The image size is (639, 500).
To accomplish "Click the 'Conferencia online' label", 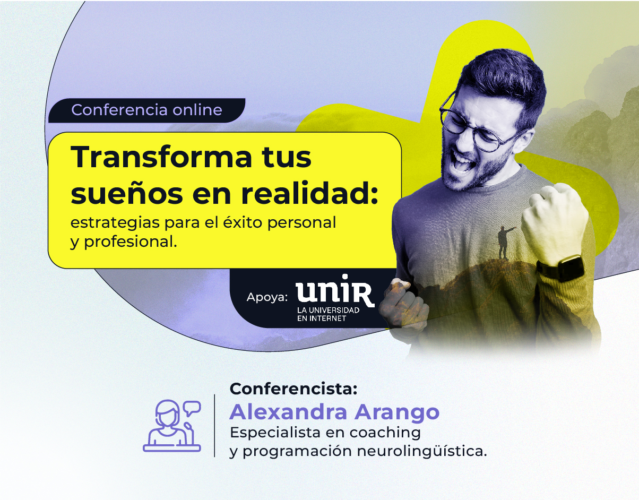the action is [146, 110].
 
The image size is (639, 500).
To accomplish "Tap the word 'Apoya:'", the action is [267, 297].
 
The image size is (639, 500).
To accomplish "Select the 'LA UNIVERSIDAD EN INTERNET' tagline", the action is [328, 314].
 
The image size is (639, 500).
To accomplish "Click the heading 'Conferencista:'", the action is [293, 389].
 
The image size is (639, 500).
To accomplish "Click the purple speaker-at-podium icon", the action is [172, 426].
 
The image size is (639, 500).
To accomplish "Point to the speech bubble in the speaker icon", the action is [192, 408].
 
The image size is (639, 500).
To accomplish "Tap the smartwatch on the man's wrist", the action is [562, 267].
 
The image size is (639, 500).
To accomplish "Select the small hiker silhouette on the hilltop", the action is [504, 243].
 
